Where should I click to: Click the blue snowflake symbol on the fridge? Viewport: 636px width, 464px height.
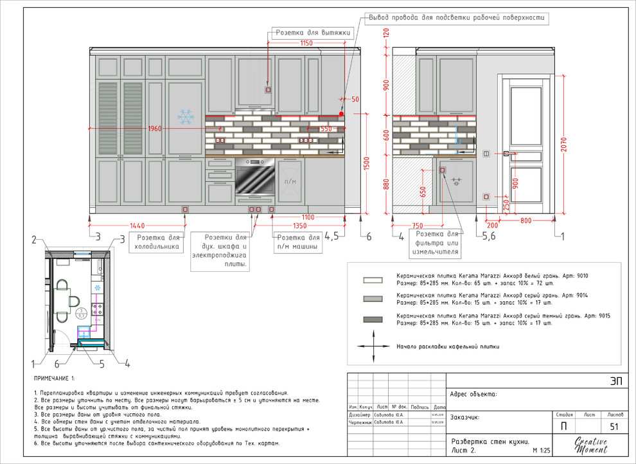(x=186, y=117)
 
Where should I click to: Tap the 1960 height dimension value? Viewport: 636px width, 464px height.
(x=155, y=129)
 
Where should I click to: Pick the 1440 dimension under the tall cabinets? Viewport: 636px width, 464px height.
(x=137, y=226)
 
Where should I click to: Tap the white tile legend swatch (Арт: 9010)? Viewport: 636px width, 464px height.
(x=373, y=280)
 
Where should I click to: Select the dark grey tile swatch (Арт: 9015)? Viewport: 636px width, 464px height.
(x=373, y=319)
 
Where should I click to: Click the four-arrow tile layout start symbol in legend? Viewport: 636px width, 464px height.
(x=373, y=346)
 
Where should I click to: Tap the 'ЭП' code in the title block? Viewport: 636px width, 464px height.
(x=616, y=380)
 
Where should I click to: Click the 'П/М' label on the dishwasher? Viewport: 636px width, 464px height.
(x=290, y=182)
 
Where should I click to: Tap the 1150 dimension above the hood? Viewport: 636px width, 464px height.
(x=306, y=43)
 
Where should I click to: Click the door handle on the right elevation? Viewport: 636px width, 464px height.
(x=507, y=154)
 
